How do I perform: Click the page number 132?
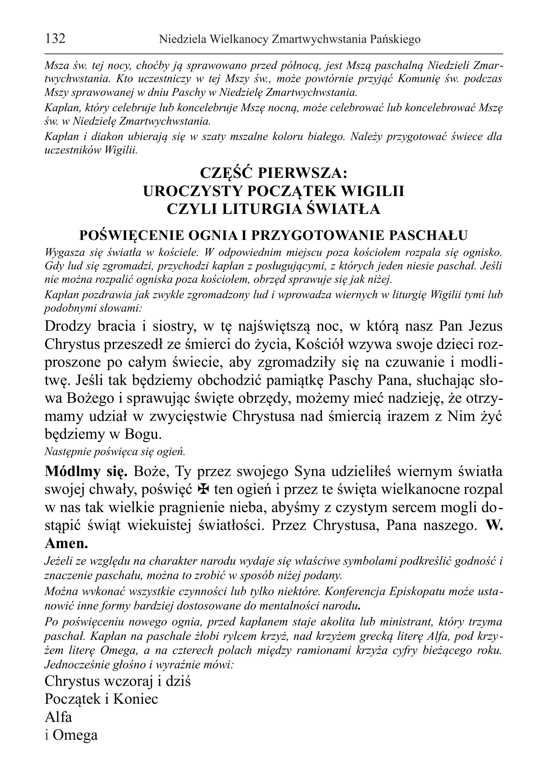tap(55, 39)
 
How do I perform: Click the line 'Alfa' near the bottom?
tap(58, 717)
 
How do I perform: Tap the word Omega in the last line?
tap(75, 735)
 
